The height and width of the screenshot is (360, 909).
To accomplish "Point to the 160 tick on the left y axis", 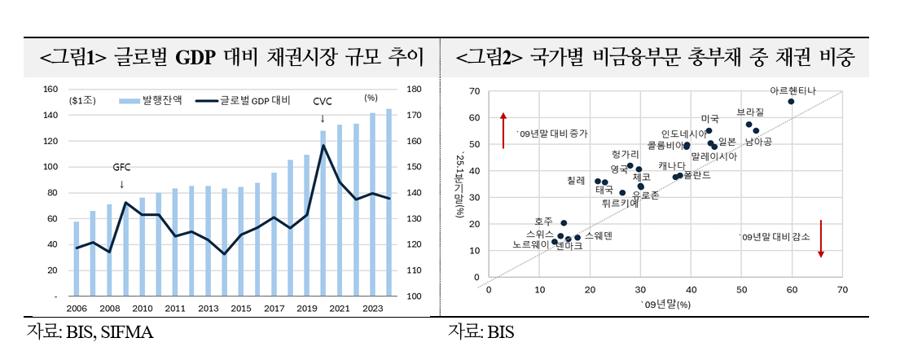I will pos(50,90).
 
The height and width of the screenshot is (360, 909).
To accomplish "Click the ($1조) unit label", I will pos(84,100).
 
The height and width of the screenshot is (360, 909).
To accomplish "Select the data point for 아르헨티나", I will pos(791,102).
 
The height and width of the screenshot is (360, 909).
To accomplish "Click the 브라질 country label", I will pos(750,111).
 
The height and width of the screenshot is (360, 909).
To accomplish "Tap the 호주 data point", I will pos(564,222).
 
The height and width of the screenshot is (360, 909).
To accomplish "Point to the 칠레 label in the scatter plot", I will pos(576,180).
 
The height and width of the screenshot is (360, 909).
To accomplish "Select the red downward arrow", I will pos(821,238).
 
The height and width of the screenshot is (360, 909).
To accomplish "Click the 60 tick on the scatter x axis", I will pos(792,290).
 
